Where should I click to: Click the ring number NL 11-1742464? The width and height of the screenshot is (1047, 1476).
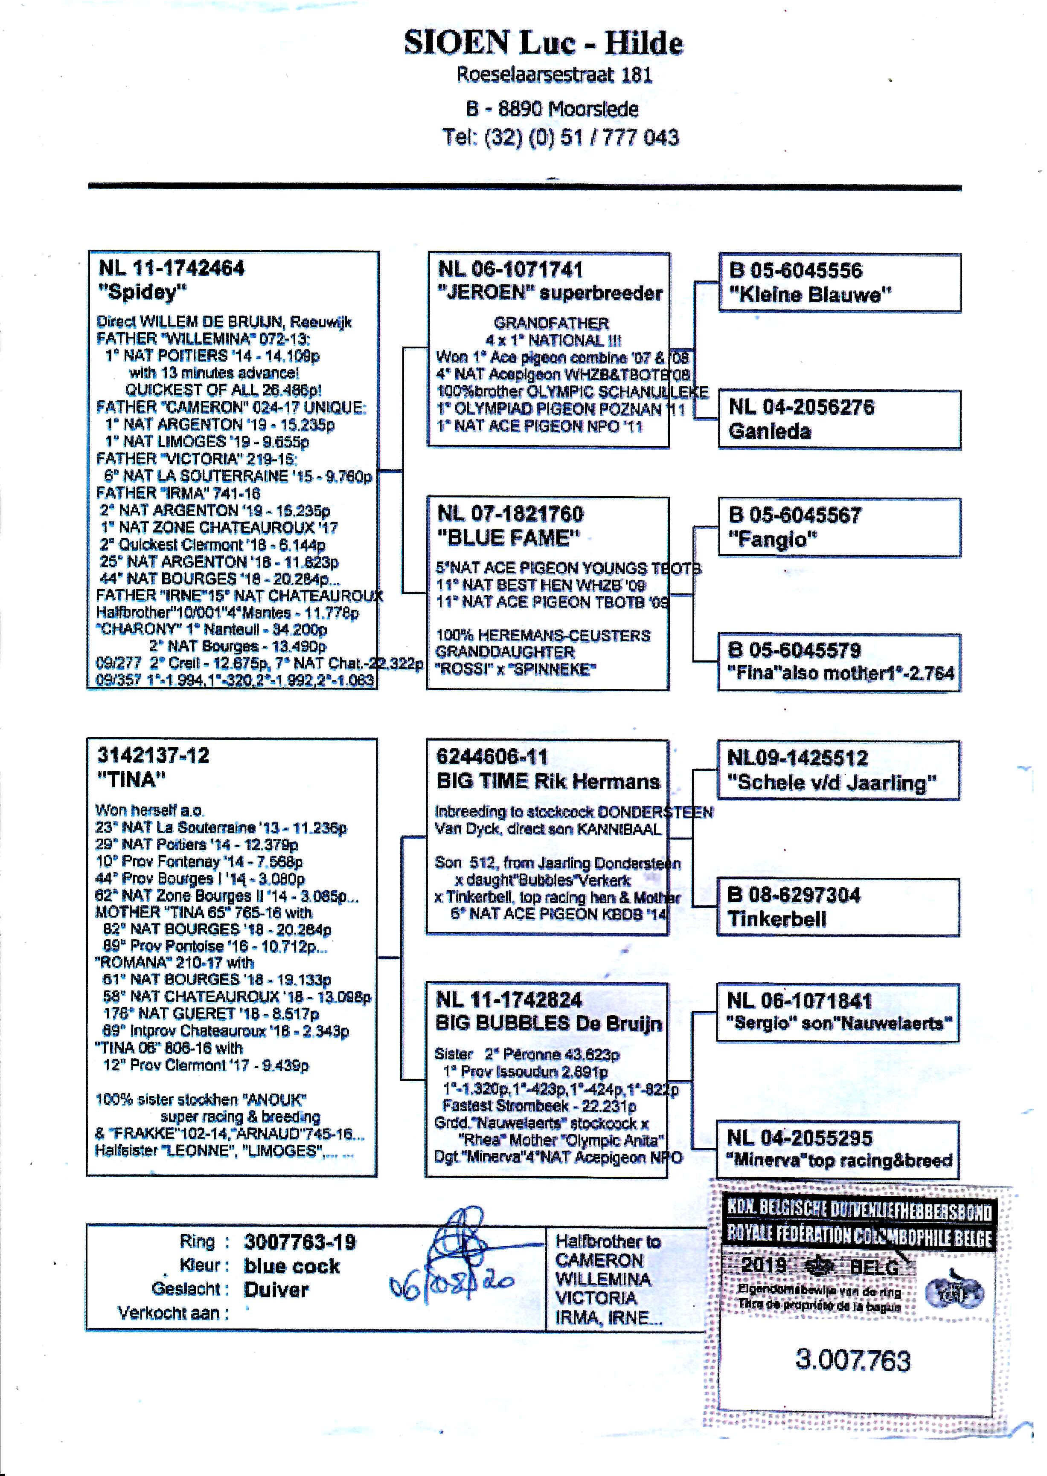[x=172, y=268]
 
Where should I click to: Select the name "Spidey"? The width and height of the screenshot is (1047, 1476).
[x=142, y=292]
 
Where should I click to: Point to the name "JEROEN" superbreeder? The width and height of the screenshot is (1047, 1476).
[x=549, y=293]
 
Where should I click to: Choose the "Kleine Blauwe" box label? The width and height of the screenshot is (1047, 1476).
[x=810, y=295]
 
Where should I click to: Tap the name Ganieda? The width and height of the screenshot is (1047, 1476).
[x=769, y=431]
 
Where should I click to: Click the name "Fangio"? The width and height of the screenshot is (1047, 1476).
[x=772, y=539]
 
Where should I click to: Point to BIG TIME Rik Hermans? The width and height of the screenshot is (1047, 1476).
[x=548, y=781]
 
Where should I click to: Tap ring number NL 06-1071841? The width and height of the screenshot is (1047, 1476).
[x=800, y=1001]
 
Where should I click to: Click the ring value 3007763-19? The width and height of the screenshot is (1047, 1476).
[x=300, y=1242]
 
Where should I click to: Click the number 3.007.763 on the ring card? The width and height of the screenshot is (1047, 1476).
[x=853, y=1359]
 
